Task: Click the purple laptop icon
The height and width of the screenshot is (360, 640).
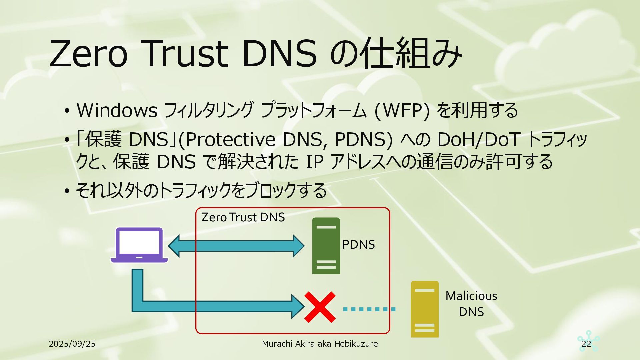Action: coord(139,245)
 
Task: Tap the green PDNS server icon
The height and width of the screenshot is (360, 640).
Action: coord(326,246)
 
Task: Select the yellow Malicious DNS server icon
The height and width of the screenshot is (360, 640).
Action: coord(424,309)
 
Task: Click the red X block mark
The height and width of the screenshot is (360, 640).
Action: coord(320,307)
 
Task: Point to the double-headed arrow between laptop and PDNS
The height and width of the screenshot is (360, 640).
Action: coord(236,246)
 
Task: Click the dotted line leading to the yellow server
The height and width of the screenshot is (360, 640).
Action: coord(369,309)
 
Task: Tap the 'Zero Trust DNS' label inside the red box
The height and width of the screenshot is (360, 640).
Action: coord(243,217)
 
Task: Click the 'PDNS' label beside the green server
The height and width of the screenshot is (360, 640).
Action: coord(358,245)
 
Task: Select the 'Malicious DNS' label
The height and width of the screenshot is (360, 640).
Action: coord(471,304)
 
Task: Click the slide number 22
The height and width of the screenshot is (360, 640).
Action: coord(586,344)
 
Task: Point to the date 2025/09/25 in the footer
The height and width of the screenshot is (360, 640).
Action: coord(72,344)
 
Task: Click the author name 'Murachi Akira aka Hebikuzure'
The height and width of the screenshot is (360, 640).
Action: coord(320,344)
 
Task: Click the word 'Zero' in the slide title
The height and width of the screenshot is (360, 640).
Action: coord(89,53)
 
